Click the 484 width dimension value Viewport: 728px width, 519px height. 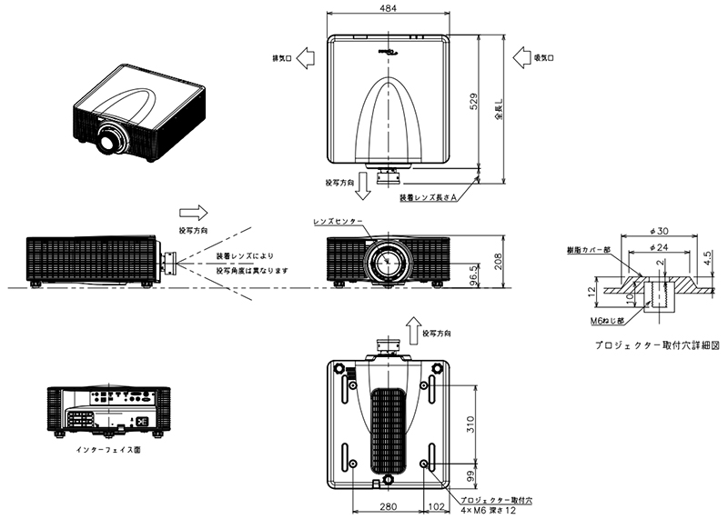[387, 8]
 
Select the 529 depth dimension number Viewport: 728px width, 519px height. [474, 103]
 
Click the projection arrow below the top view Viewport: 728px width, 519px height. [364, 185]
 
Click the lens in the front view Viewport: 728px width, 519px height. [389, 262]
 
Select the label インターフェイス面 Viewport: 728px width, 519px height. [111, 449]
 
